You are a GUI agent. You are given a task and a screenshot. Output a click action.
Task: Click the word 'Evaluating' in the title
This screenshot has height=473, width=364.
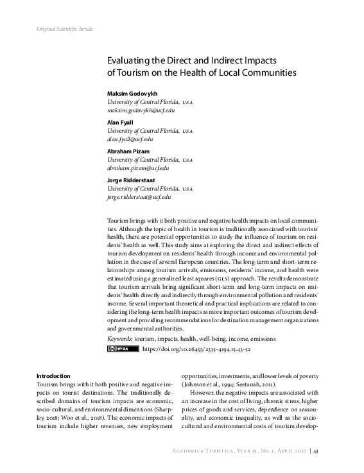[x=128, y=60]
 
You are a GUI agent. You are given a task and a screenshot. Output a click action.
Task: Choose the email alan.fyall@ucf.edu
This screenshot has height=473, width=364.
[x=130, y=139]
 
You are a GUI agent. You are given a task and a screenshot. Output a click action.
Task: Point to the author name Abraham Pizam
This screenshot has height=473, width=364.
[x=128, y=151]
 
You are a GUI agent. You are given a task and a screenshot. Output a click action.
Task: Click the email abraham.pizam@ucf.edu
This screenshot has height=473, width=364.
[x=138, y=168]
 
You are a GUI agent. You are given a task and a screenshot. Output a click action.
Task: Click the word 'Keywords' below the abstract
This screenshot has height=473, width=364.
[x=119, y=338]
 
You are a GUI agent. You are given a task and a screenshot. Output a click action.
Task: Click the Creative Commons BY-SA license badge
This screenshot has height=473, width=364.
[x=122, y=348]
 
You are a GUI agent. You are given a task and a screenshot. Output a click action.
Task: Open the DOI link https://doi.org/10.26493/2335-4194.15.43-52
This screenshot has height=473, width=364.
[x=196, y=348]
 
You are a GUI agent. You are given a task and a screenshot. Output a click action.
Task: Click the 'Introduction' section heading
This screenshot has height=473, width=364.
[x=53, y=375]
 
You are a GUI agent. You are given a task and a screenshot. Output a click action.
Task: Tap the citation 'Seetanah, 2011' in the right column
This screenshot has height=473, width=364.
[x=241, y=384]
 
